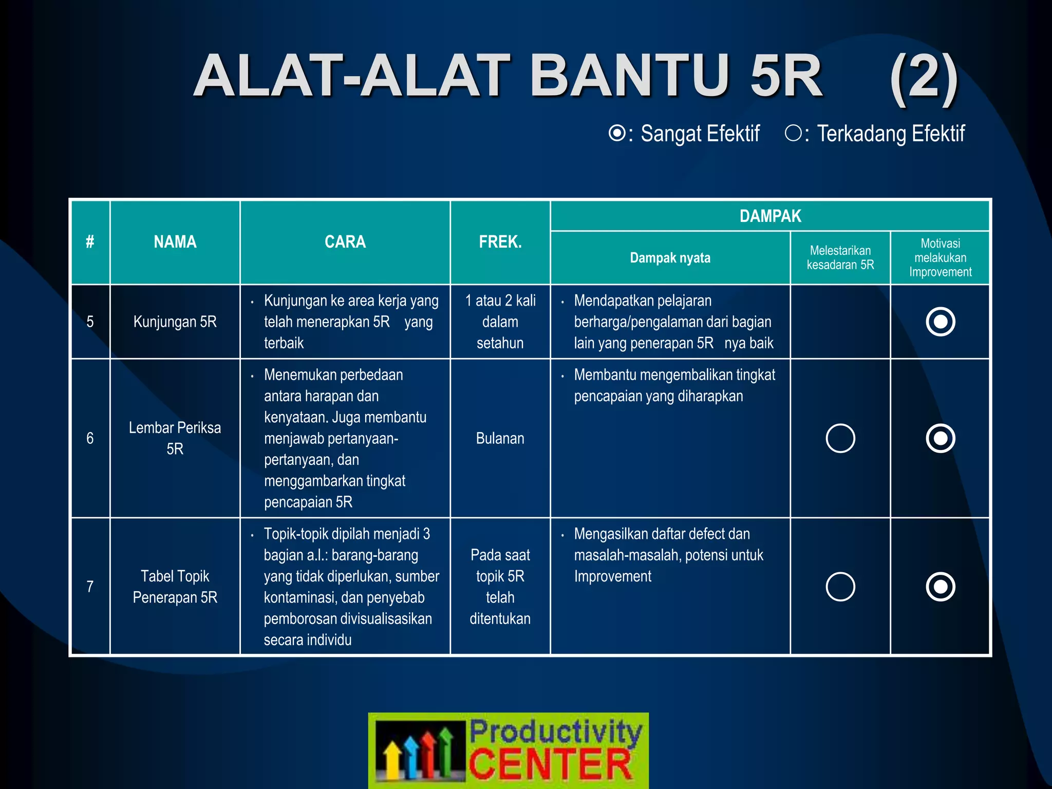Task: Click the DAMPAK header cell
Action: point(770,216)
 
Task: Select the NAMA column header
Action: point(175,242)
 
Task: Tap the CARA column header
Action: point(345,242)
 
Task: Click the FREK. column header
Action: point(500,242)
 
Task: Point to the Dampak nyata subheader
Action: point(670,258)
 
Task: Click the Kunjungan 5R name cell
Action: point(175,322)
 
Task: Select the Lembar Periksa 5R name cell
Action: point(175,438)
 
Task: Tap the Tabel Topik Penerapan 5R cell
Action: point(175,587)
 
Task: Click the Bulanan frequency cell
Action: point(500,438)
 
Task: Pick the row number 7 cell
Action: point(90,587)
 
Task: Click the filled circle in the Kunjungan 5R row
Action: point(940,322)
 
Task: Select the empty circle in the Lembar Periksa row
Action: point(840,438)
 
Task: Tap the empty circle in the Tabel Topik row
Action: point(840,587)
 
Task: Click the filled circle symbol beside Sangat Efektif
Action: point(617,133)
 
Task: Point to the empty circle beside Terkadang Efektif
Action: point(793,133)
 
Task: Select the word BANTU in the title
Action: point(629,77)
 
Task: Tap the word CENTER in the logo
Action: point(550,764)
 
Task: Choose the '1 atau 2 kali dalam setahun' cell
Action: point(500,322)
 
